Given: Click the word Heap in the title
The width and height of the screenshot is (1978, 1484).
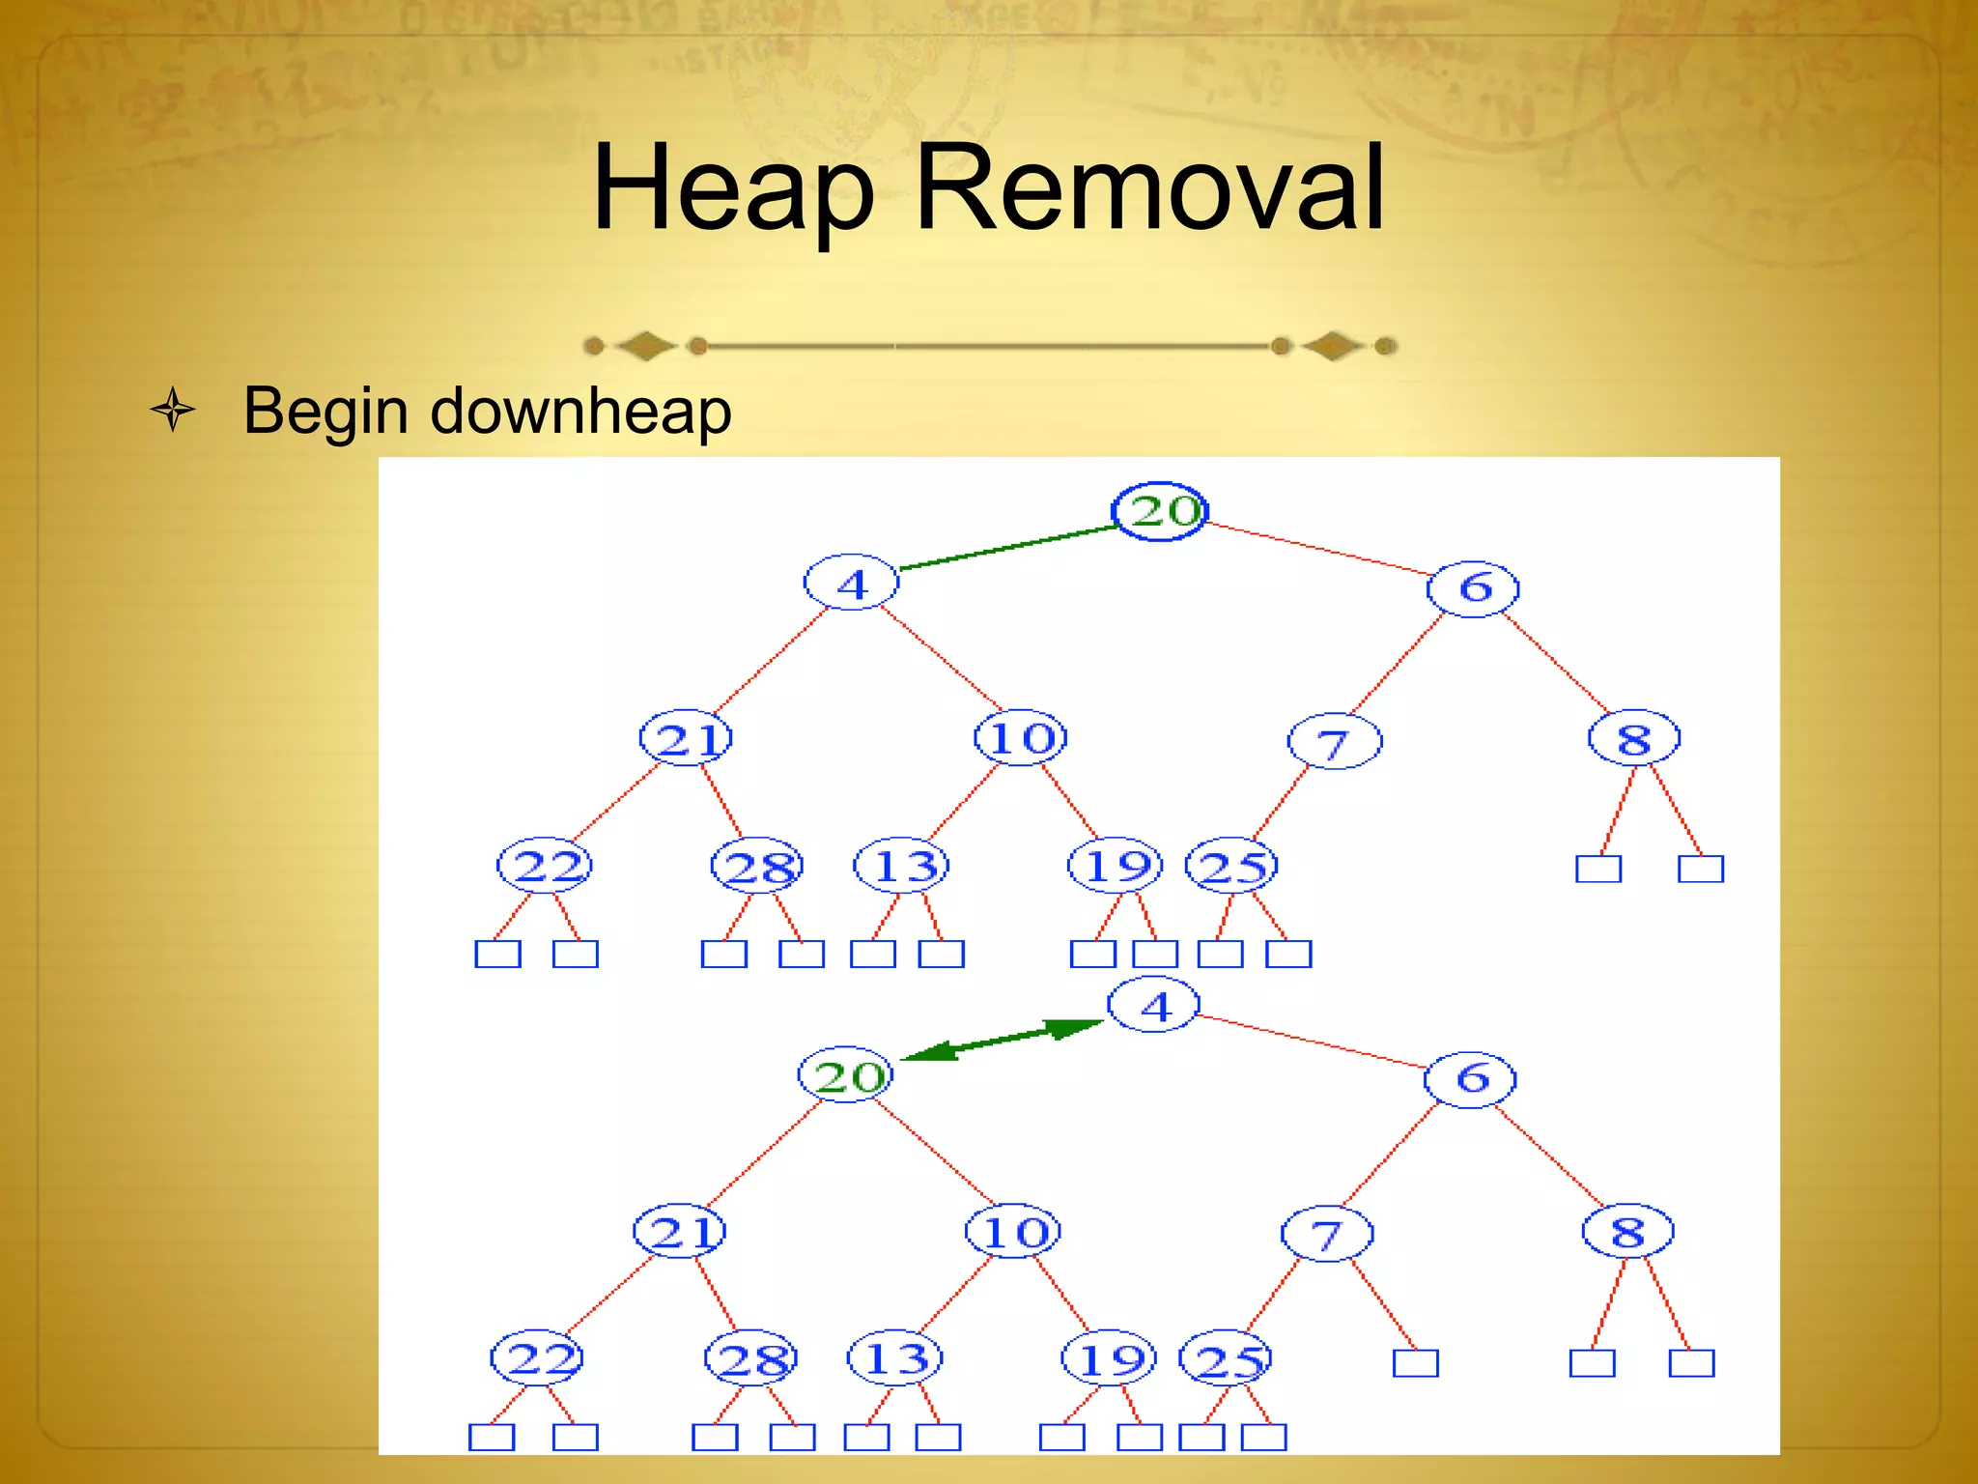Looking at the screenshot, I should pos(733,188).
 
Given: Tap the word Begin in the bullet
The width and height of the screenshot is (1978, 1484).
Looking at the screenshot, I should pos(325,411).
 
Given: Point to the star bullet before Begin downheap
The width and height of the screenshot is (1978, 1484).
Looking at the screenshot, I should pos(173,410).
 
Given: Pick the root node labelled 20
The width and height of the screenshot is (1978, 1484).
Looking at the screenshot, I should pos(1160,511).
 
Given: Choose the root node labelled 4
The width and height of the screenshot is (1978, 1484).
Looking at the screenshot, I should pos(1153,1006).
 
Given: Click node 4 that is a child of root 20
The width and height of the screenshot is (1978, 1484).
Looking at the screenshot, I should pos(851,583).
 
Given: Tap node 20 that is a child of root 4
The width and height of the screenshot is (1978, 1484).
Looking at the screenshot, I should pos(846,1074).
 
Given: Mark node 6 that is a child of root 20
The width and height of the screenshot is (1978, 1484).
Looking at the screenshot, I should pos(1473,587).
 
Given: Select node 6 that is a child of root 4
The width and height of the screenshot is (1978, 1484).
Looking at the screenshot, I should pos(1470,1078).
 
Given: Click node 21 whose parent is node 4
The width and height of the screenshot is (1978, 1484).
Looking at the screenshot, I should pos(686,739).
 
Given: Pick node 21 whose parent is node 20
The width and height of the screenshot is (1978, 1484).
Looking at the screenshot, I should pos(680,1231).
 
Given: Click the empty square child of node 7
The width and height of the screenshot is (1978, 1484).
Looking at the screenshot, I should pos(1415,1363).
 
